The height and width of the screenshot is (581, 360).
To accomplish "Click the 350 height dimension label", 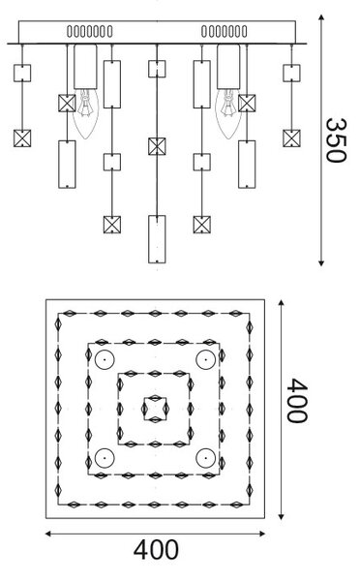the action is coord(336,140).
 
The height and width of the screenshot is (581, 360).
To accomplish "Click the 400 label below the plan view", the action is coord(156,550).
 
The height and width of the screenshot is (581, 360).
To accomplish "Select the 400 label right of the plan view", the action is coord(297,401).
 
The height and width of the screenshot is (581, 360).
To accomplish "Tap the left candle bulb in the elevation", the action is coord(85,113).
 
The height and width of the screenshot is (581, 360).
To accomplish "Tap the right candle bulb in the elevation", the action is coord(228,113).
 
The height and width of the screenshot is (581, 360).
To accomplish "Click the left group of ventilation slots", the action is coord(90,32).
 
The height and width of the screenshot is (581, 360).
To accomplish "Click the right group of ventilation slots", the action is coord(225,32).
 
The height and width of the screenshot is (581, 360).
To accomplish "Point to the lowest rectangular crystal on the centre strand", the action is coord(157,239).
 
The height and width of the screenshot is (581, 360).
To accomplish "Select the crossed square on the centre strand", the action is coord(157,146).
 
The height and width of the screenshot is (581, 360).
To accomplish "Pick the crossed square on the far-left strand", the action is coord(22,138).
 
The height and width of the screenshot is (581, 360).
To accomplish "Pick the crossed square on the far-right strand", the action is coord(291,138).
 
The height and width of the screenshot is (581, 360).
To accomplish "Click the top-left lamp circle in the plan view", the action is coord(105,359).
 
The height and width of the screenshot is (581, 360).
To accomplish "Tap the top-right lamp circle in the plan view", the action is coord(206,359).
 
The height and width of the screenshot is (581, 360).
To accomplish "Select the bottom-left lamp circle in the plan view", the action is coord(105,458).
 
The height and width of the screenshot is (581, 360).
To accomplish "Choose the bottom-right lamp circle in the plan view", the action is coord(206,458).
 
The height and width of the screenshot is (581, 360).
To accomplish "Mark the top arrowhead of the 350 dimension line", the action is coord(321,16).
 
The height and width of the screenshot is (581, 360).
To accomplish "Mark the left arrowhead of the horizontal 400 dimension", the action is coord(47,534).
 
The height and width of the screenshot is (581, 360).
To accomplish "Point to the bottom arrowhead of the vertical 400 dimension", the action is coord(282,517).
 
